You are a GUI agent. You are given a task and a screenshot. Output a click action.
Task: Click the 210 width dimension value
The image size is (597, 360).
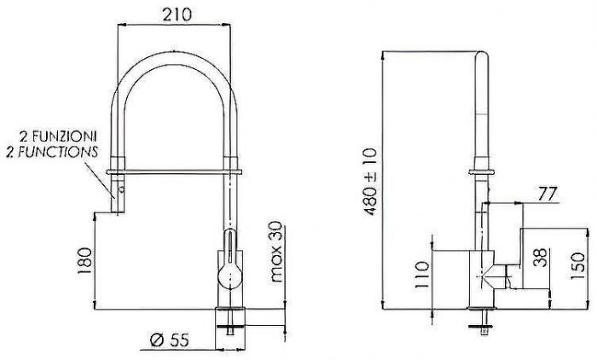pos(177,15)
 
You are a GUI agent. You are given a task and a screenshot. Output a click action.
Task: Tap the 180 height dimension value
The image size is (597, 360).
pos(84,260)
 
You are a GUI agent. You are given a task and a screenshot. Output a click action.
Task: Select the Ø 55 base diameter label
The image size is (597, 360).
pos(170,340)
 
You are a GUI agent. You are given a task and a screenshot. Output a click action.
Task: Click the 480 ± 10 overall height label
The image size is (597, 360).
pos(370,182)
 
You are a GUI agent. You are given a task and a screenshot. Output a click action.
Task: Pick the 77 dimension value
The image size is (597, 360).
pos(548,194)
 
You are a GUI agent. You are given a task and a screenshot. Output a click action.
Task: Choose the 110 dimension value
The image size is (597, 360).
pos(422,275)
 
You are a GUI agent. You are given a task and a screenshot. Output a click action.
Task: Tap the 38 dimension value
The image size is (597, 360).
pos(540,258)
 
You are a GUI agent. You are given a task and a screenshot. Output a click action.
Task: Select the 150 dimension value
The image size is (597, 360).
pos(577,266)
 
